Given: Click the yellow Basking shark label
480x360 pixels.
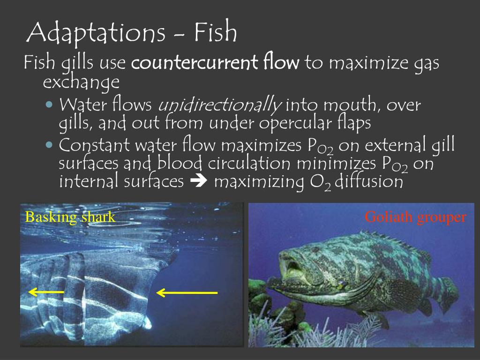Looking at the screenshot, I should pyautogui.click(x=70, y=217).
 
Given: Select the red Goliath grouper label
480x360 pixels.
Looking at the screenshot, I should pyautogui.click(x=415, y=217).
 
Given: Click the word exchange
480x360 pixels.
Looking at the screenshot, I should pyautogui.click(x=81, y=82).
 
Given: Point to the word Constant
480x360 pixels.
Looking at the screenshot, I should pyautogui.click(x=94, y=146).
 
